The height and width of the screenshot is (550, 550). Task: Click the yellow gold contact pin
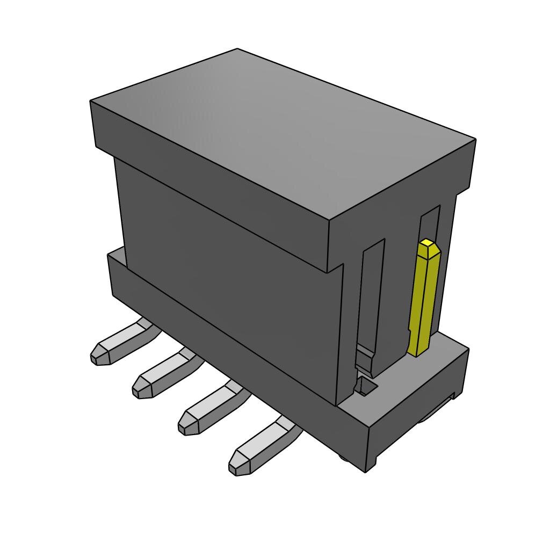tap(423, 301)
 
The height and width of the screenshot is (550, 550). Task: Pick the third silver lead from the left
tap(212, 408)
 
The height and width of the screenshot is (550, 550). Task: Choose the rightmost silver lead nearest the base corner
tap(263, 446)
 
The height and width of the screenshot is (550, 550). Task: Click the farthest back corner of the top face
tap(237, 49)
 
